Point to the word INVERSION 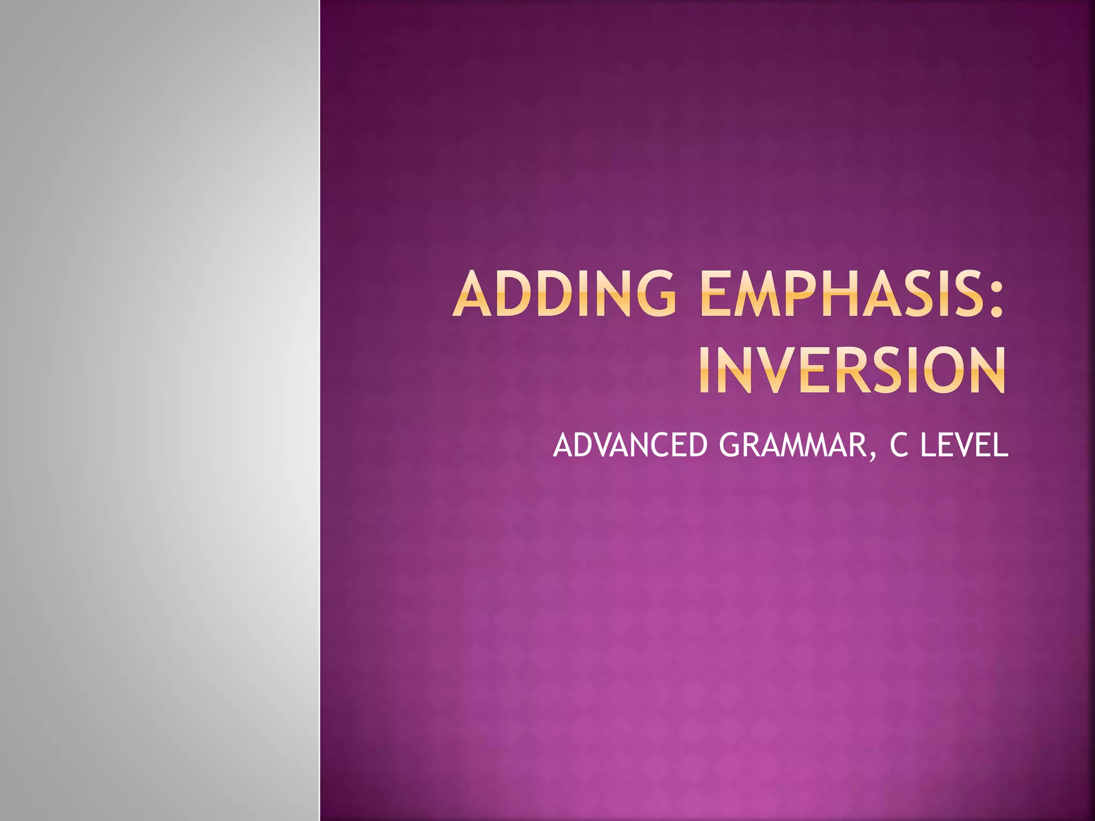(852, 371)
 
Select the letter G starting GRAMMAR (733, 445)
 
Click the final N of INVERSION (985, 371)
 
